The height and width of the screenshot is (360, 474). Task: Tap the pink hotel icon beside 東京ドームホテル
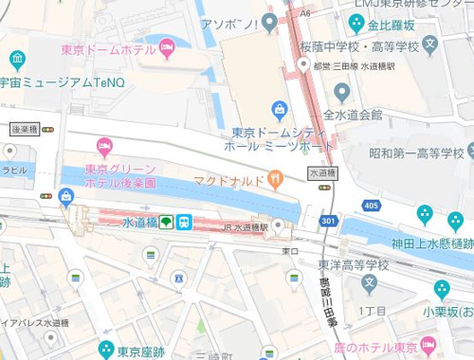click(169, 45)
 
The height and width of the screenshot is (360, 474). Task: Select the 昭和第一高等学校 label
click(416, 153)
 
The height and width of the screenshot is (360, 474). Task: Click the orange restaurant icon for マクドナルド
click(275, 177)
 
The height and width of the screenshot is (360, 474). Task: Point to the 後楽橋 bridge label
click(24, 128)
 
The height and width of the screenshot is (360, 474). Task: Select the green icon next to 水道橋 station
click(165, 222)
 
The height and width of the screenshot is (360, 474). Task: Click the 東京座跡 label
click(144, 350)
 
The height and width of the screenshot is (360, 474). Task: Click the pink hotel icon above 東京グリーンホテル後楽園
click(104, 146)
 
